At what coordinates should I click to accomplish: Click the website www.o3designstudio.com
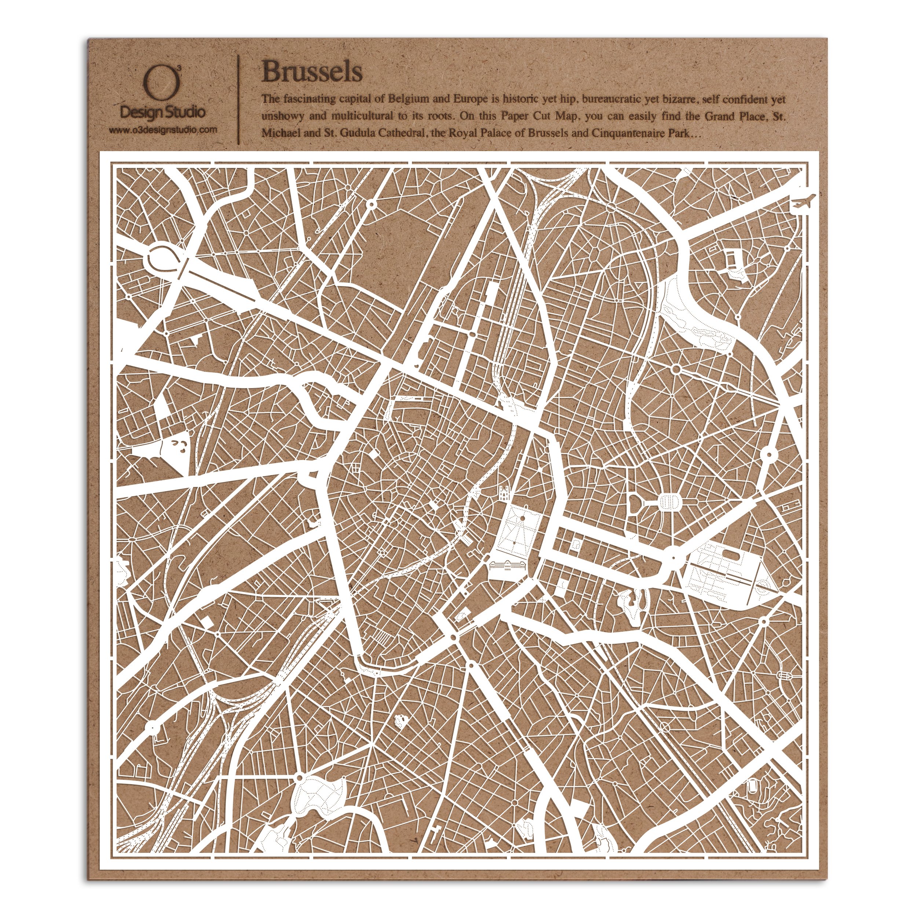click(x=163, y=129)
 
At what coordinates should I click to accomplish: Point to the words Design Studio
click(x=163, y=113)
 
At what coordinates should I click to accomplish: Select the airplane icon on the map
click(x=803, y=202)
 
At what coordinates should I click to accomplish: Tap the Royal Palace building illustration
click(x=507, y=568)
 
